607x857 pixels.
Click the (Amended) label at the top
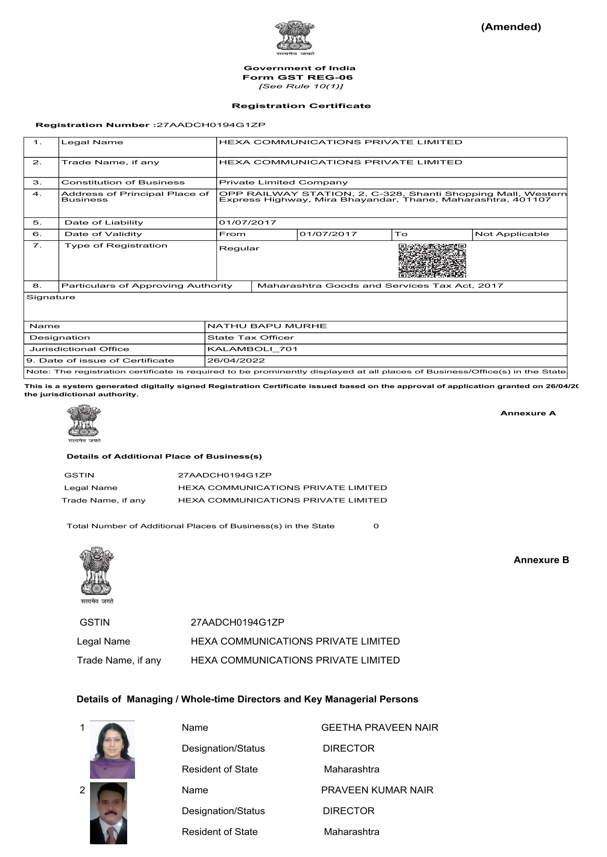click(511, 27)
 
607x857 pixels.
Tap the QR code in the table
click(432, 260)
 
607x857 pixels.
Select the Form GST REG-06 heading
click(297, 77)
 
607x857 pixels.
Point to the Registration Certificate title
click(301, 106)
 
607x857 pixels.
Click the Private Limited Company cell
click(283, 183)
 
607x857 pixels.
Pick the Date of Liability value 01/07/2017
click(247, 223)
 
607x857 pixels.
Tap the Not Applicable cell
click(512, 234)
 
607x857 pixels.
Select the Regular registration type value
click(239, 248)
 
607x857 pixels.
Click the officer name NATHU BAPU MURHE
click(267, 326)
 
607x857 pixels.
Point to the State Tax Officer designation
click(250, 338)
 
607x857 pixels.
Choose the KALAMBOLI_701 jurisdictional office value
click(252, 349)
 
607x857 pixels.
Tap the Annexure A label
click(528, 413)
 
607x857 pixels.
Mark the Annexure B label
click(541, 560)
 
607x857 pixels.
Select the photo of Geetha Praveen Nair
click(112, 750)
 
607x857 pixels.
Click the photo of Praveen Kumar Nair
click(109, 813)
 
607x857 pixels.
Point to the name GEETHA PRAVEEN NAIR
click(380, 728)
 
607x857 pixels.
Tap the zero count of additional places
click(376, 526)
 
